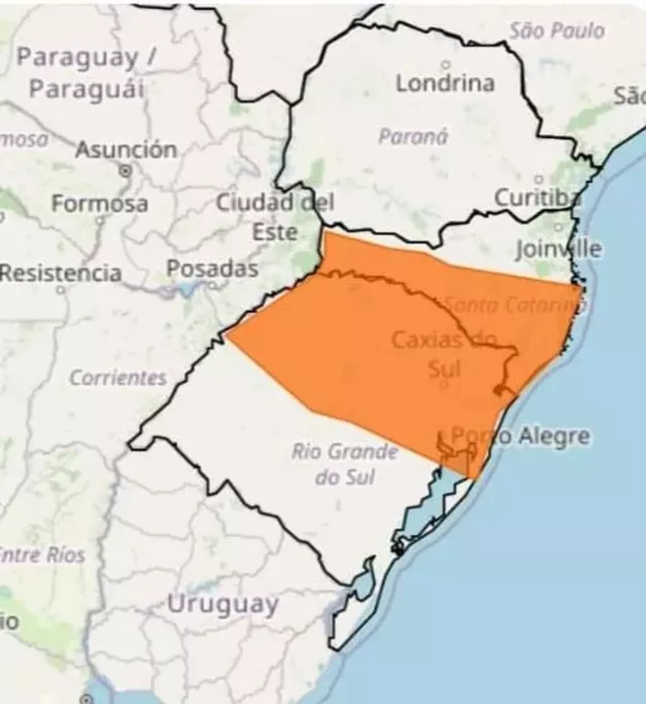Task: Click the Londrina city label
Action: tap(445, 83)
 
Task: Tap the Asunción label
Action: tap(126, 150)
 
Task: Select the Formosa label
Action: tap(100, 203)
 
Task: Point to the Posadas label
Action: tap(212, 269)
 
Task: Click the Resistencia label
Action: tap(61, 273)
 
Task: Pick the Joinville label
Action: tap(558, 249)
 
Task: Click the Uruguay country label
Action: tap(222, 604)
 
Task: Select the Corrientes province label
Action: tap(118, 378)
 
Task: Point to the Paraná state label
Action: tap(413, 137)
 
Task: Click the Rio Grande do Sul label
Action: tap(345, 464)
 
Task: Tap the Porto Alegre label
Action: tap(519, 436)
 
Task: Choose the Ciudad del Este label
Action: tap(275, 217)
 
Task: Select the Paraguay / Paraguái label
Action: tap(86, 73)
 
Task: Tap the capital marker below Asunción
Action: tap(125, 171)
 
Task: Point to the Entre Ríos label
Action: tap(43, 555)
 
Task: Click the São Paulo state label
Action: tap(557, 31)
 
